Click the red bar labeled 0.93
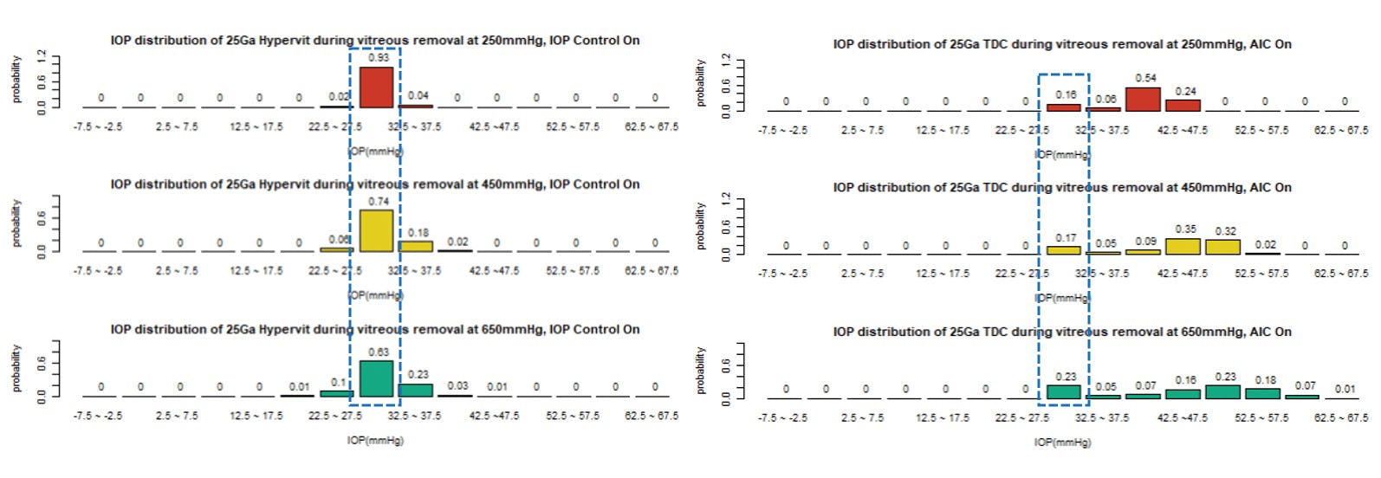pyautogui.click(x=377, y=87)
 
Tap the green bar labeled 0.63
pyautogui.click(x=377, y=378)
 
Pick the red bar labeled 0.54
pyautogui.click(x=1143, y=99)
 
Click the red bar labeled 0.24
pyautogui.click(x=1183, y=105)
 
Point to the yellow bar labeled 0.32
pyautogui.click(x=1222, y=247)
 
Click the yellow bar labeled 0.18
pyautogui.click(x=417, y=246)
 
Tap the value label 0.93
pyautogui.click(x=379, y=57)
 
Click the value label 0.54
pyautogui.click(x=1145, y=78)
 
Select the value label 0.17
pyautogui.click(x=1066, y=237)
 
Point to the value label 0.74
pyautogui.click(x=379, y=201)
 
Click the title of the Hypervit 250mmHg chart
pyautogui.click(x=375, y=40)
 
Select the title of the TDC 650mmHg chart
pyautogui.click(x=1062, y=332)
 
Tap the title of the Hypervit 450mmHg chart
pyautogui.click(x=375, y=184)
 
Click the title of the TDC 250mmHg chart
pyautogui.click(x=1062, y=43)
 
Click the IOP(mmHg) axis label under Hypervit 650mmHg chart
pyautogui.click(x=375, y=440)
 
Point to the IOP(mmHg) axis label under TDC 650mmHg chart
pyautogui.click(x=1062, y=442)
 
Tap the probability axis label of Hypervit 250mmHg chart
pyautogui.click(x=16, y=80)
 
